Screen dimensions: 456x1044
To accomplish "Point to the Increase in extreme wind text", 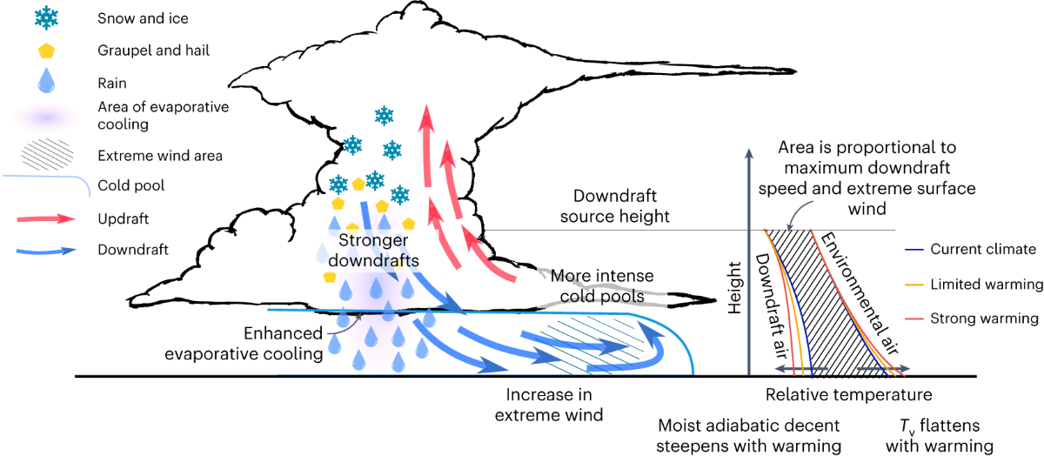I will [x=549, y=405].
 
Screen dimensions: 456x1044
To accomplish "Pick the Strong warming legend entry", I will [x=983, y=319].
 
